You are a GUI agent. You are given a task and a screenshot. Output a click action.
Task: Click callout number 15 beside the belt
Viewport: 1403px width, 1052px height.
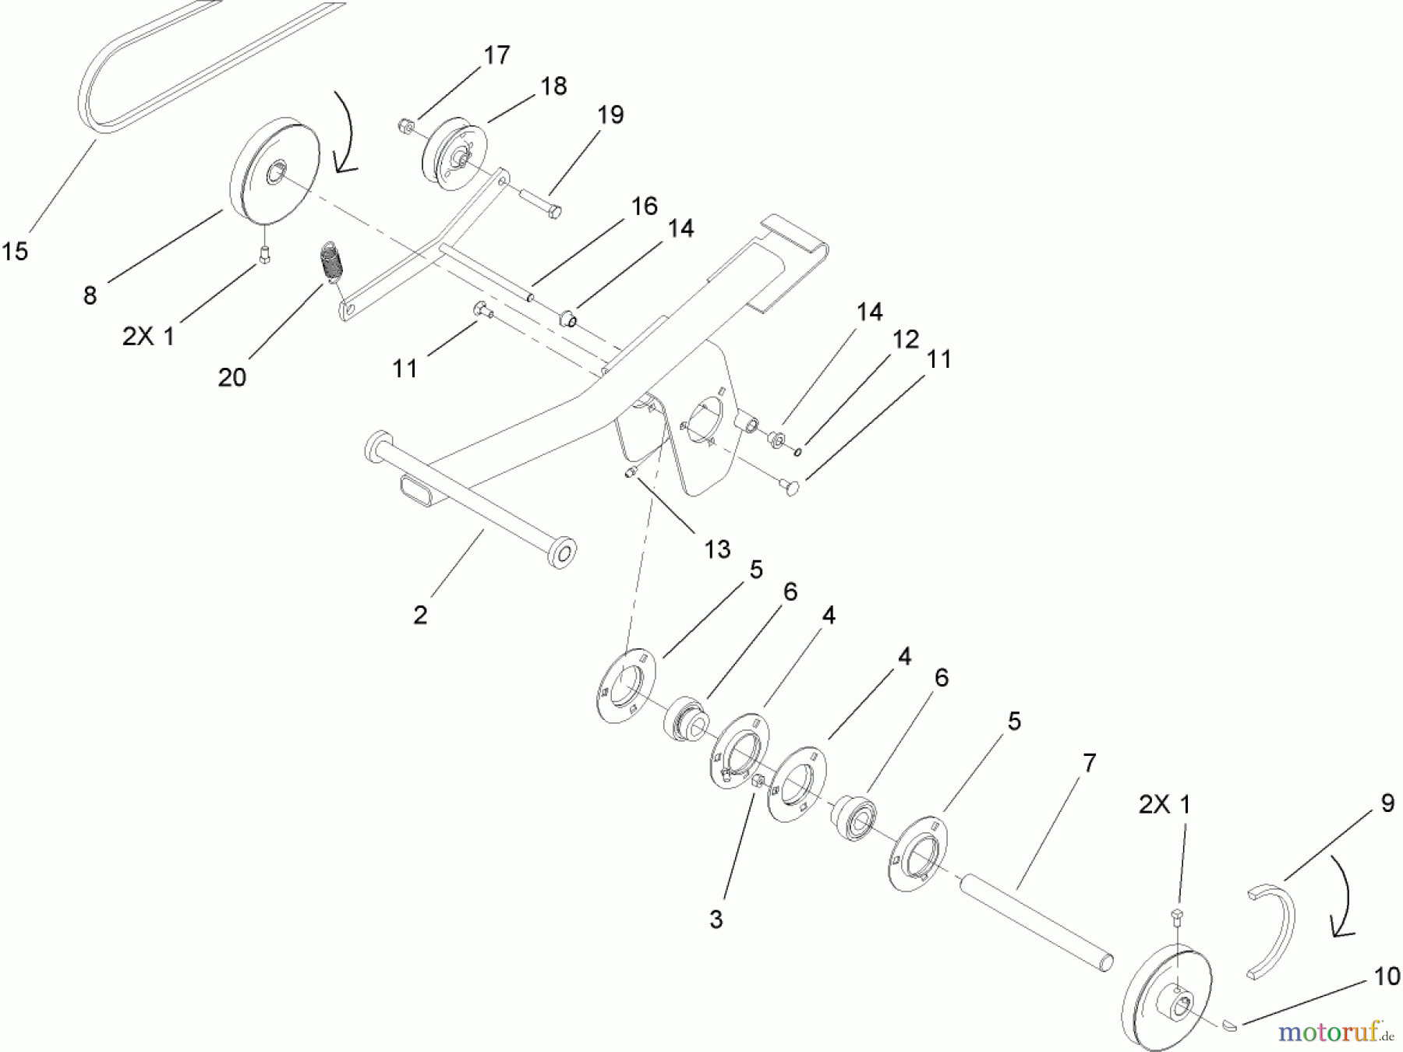point(16,251)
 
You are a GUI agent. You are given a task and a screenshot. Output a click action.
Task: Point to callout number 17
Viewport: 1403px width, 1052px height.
point(497,55)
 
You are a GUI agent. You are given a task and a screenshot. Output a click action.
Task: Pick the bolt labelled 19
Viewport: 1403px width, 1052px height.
point(538,200)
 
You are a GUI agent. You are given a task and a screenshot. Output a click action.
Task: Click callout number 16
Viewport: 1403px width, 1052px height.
point(645,207)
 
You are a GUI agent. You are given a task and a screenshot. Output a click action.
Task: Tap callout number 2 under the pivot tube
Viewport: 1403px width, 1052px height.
point(421,615)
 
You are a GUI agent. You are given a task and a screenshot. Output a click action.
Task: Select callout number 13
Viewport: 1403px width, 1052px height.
point(717,549)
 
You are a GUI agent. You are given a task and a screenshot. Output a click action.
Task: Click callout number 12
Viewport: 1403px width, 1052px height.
point(906,339)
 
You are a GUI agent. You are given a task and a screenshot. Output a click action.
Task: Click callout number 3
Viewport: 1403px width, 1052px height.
point(716,919)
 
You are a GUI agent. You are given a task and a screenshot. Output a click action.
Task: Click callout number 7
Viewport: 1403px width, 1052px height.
point(1089,763)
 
